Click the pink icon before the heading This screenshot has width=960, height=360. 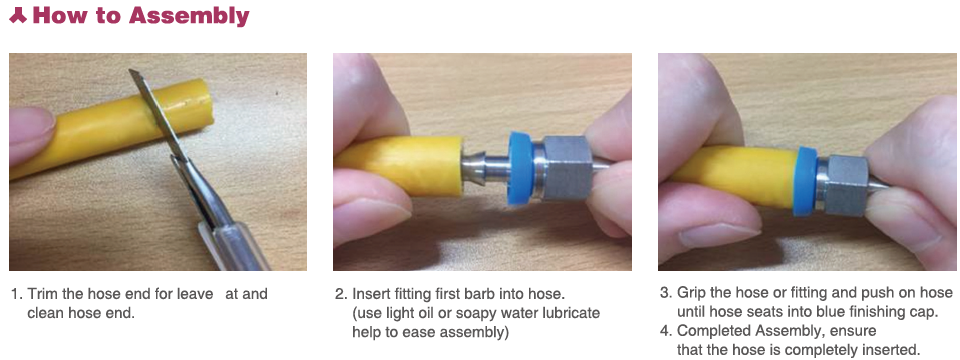(x=18, y=16)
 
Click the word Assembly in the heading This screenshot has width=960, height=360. (x=189, y=16)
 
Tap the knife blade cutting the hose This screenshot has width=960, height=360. (x=158, y=114)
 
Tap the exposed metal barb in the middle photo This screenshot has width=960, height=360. (x=484, y=167)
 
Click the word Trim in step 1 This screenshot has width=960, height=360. (x=41, y=293)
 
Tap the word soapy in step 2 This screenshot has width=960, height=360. (x=491, y=313)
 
